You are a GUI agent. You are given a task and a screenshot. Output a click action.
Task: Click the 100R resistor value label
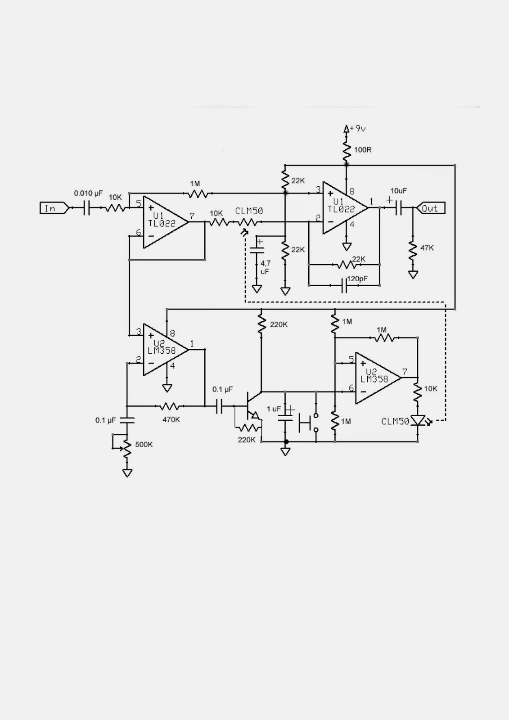coord(363,150)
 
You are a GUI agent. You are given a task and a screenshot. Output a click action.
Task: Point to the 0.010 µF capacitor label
coord(89,193)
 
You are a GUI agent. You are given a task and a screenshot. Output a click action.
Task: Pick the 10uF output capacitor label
coord(399,191)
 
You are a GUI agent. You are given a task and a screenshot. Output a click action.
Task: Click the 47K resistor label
coord(427,248)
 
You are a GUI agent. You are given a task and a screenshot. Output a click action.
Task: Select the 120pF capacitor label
coord(357,279)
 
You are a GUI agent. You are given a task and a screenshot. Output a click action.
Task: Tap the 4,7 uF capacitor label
coord(266,267)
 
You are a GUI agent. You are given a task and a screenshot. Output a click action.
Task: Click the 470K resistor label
coord(171,419)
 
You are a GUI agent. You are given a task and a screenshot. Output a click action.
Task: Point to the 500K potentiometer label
coord(144,445)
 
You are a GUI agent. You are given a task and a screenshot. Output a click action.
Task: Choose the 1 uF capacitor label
coord(274,409)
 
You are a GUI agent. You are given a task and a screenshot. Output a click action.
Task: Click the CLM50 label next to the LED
coord(395,422)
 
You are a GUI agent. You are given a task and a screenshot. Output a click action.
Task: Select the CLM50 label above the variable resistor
coord(249,211)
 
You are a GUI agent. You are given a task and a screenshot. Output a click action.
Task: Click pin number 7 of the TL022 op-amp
coord(192,216)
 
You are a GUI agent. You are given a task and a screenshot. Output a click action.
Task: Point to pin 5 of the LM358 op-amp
coord(351,359)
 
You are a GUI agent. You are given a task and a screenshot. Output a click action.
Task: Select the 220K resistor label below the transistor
coord(247,440)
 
